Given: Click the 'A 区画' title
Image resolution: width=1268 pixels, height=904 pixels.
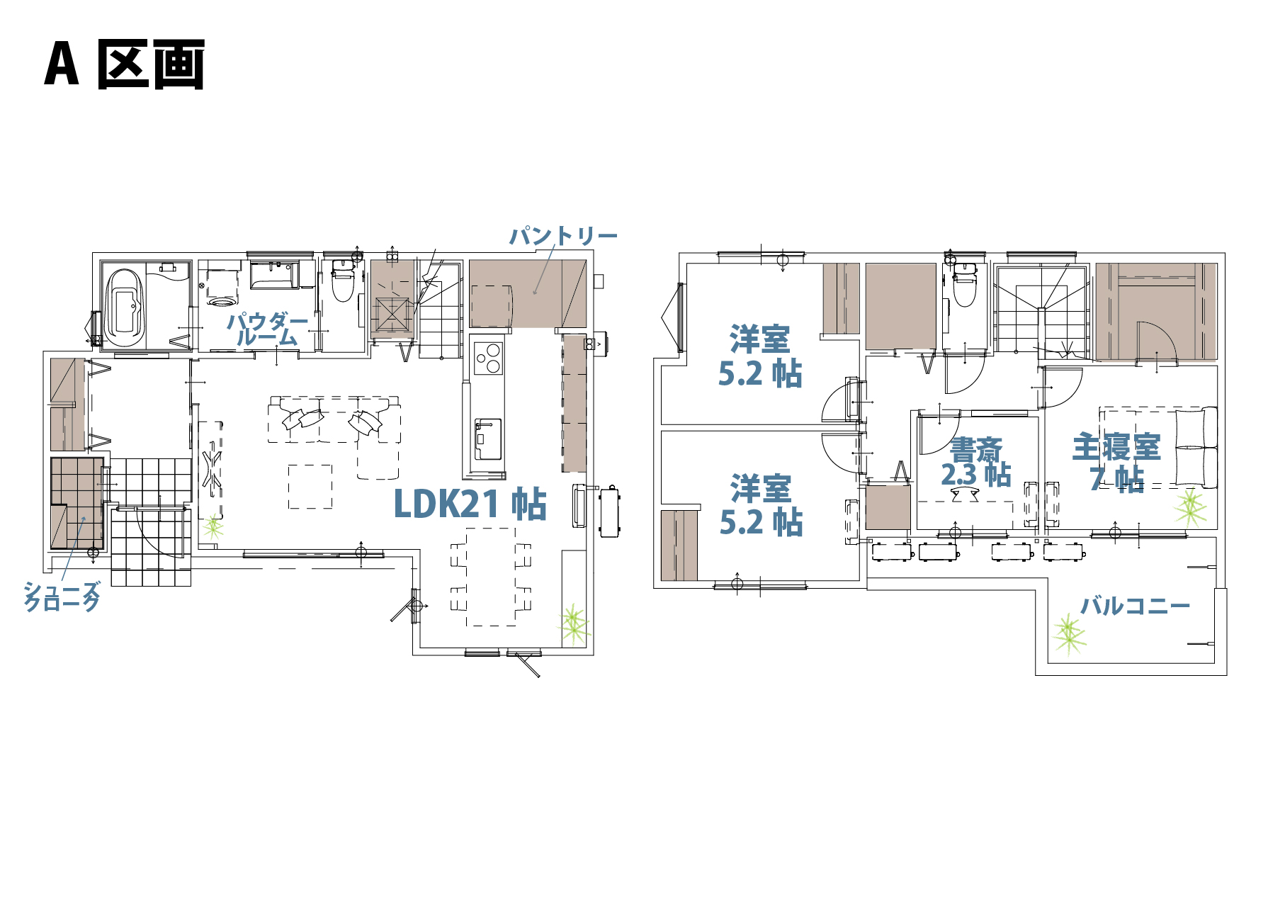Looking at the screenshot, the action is click(x=125, y=64).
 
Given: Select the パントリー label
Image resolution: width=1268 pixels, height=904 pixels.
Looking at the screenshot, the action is click(x=564, y=235).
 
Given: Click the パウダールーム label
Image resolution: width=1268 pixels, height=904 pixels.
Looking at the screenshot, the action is click(x=268, y=329).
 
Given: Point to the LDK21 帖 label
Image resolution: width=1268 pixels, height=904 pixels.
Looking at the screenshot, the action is click(x=470, y=504).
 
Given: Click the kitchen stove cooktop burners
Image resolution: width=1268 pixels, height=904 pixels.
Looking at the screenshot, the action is click(x=488, y=358).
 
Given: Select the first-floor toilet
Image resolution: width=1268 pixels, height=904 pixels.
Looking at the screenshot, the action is click(x=343, y=281).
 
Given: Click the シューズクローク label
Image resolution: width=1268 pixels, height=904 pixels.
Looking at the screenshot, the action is click(x=62, y=597).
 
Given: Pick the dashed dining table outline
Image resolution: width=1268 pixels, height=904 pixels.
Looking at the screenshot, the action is click(x=491, y=577).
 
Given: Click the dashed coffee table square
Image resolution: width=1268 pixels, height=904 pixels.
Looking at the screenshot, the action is click(x=310, y=486).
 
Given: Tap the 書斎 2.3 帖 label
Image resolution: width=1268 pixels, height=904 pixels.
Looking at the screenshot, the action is click(x=975, y=462).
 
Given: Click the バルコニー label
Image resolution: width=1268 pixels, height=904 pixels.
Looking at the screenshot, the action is click(x=1135, y=606).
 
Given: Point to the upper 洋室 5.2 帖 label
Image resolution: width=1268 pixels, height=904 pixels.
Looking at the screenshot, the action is click(x=760, y=356).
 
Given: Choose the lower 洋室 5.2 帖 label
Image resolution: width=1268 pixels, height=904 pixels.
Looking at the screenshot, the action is click(x=761, y=505).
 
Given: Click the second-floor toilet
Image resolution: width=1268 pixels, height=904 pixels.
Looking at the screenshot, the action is click(x=963, y=285).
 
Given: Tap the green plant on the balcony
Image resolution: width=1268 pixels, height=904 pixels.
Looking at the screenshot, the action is click(x=1068, y=633).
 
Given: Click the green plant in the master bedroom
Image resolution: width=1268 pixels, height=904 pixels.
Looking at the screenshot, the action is click(x=1190, y=506).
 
